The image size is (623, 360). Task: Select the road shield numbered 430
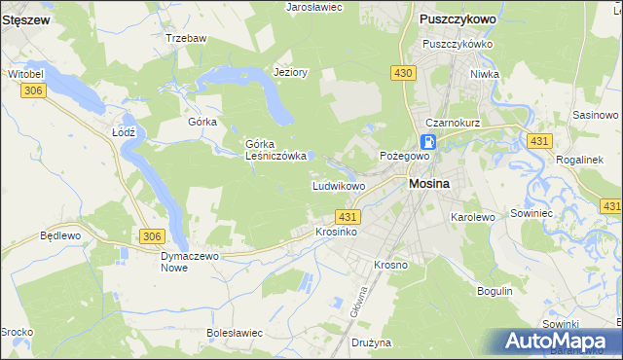[x=404, y=73]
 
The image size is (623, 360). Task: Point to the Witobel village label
[x=26, y=74]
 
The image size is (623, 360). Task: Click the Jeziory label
[x=291, y=72]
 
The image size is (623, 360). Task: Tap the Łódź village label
[x=123, y=131]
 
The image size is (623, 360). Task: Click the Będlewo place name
[x=58, y=236]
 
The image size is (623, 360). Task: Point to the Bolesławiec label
[x=235, y=333]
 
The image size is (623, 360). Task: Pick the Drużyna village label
[x=371, y=342]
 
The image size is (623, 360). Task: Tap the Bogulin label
[x=495, y=291]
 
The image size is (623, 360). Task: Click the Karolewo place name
[x=473, y=217]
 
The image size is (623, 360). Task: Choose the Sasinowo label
[x=597, y=115]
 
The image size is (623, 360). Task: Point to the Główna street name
[x=359, y=303]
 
